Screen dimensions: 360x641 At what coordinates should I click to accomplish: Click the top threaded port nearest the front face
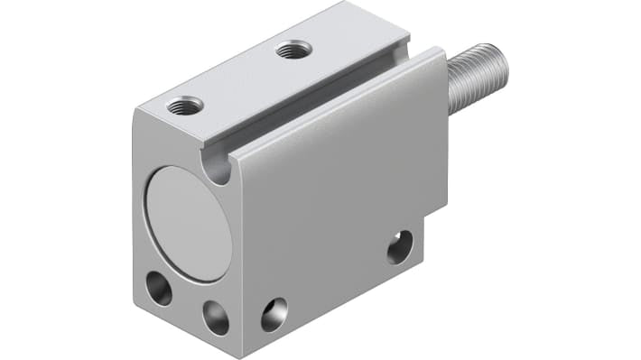click(x=184, y=106)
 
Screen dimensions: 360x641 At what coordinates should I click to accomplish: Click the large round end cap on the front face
click(x=188, y=223)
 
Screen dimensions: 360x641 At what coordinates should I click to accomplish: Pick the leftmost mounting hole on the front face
click(x=159, y=289)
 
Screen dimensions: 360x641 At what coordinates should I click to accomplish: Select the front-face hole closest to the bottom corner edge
click(x=216, y=318)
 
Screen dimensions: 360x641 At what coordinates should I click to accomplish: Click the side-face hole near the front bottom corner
click(x=274, y=314)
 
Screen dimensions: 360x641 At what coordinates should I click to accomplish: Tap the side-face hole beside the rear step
click(x=400, y=246)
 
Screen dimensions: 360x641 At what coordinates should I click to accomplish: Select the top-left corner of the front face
click(x=135, y=109)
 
